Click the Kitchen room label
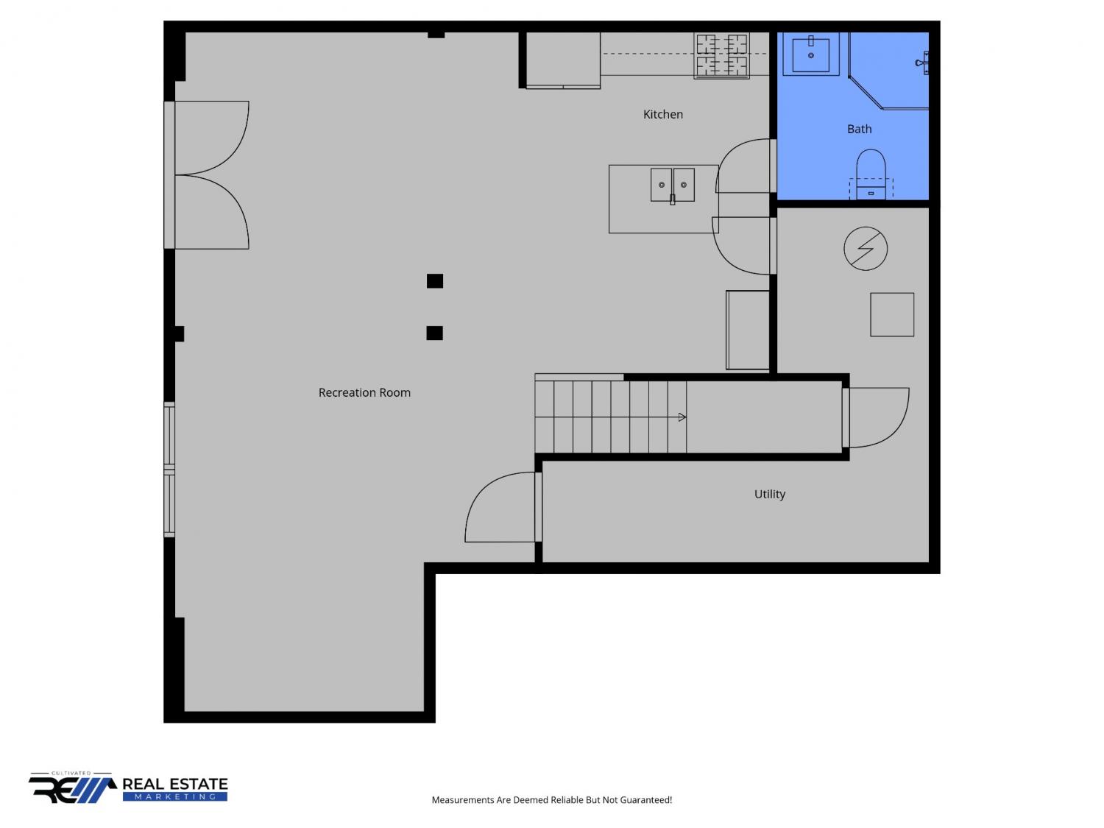point(662,115)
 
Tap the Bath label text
point(859,130)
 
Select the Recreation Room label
point(364,392)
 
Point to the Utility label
point(769,494)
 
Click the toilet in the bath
point(871,174)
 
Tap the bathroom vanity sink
point(810,54)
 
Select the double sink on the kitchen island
point(672,185)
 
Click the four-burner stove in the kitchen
point(721,56)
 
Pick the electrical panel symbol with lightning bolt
point(865,248)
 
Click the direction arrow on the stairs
point(682,417)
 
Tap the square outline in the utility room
point(892,315)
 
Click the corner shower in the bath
point(888,71)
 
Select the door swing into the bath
point(743,166)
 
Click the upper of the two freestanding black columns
point(434,281)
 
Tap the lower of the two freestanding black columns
point(434,333)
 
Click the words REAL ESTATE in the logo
point(175,785)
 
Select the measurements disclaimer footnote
point(551,800)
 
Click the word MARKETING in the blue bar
point(175,797)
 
